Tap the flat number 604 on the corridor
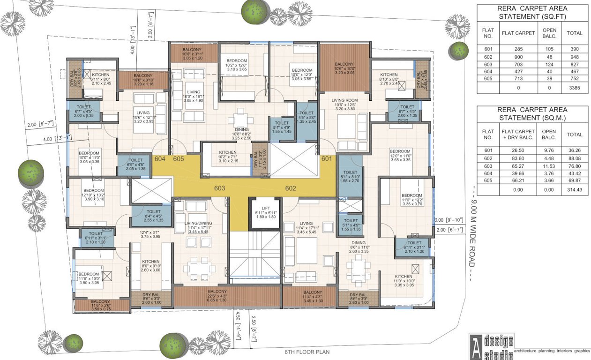pos(160,159)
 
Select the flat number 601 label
pos(327,158)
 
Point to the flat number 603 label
pos(220,188)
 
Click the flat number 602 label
pos(291,188)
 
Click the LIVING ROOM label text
pos(344,100)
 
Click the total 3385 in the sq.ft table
pos(575,87)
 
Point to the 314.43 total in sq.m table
pos(575,189)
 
